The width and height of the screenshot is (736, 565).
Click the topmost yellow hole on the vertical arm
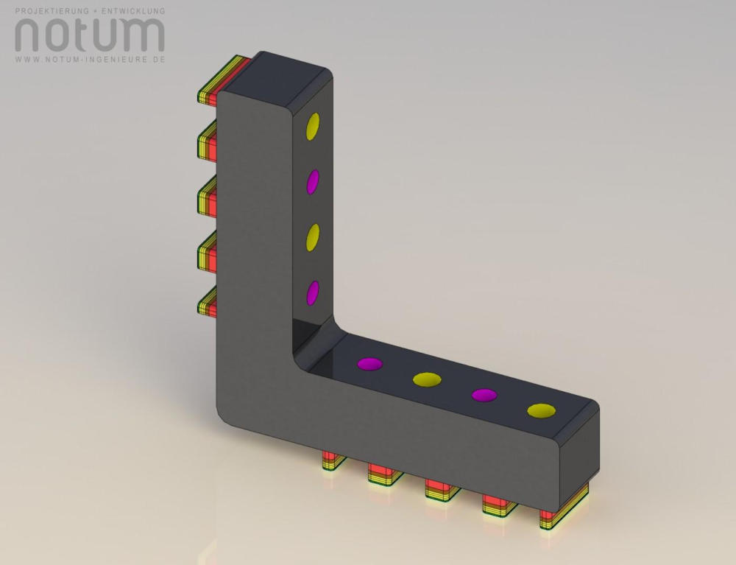(313, 127)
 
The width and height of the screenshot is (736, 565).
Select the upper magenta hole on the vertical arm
(313, 182)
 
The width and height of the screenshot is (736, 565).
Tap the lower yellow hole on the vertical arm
(313, 237)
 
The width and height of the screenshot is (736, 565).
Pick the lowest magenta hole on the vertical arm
(313, 293)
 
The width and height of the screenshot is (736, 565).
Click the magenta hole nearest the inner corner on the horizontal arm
(370, 364)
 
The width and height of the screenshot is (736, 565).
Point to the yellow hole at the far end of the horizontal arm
(541, 411)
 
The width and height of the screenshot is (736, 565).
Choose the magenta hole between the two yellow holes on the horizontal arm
(484, 395)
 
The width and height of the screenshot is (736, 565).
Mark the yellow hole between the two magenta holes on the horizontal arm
(427, 379)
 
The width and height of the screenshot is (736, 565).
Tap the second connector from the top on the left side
(207, 141)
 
